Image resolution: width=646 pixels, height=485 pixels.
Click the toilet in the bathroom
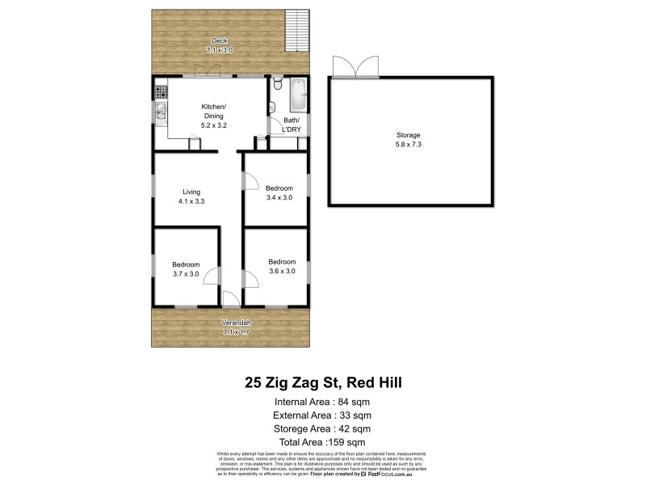(277, 84)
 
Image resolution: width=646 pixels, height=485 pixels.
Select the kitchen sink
(160, 112)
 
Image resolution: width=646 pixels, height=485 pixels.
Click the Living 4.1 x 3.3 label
(191, 196)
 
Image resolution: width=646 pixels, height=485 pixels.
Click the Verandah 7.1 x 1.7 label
(231, 327)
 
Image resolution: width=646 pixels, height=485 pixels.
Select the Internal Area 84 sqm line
(322, 401)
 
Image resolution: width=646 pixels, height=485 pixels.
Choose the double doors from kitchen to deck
(212, 72)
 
